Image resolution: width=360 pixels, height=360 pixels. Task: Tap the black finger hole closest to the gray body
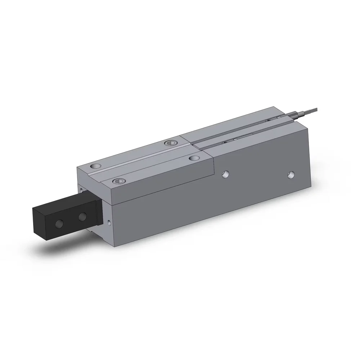82,217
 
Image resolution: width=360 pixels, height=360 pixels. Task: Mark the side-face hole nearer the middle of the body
225,174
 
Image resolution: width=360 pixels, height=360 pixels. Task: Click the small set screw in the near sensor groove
225,142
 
